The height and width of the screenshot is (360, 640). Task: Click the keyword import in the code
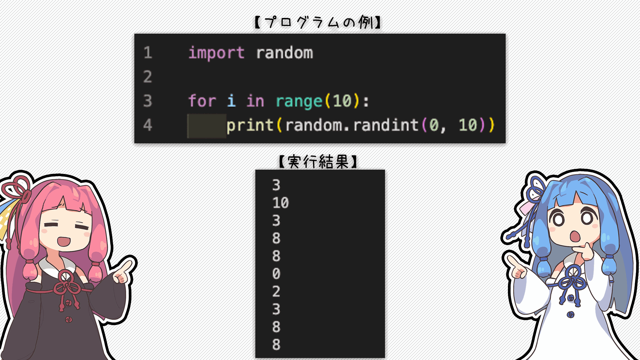[216, 53]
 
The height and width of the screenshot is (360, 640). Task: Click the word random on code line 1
[285, 53]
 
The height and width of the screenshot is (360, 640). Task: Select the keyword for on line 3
[202, 101]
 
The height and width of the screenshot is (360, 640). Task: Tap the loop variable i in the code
[232, 101]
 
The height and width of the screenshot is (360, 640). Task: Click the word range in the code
[299, 102]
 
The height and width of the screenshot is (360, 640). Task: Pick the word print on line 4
[250, 126]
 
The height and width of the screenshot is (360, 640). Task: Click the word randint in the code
[386, 125]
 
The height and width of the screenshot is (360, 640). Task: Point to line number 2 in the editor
[148, 77]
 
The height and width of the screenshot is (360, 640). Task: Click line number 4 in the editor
[148, 125]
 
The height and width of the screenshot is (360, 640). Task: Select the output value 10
[281, 203]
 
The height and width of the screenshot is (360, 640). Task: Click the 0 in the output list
[276, 274]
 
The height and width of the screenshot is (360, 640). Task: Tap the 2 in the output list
[276, 291]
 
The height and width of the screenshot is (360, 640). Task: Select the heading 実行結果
[318, 162]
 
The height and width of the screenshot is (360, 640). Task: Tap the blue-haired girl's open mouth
[575, 236]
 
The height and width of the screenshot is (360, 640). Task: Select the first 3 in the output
[276, 185]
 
